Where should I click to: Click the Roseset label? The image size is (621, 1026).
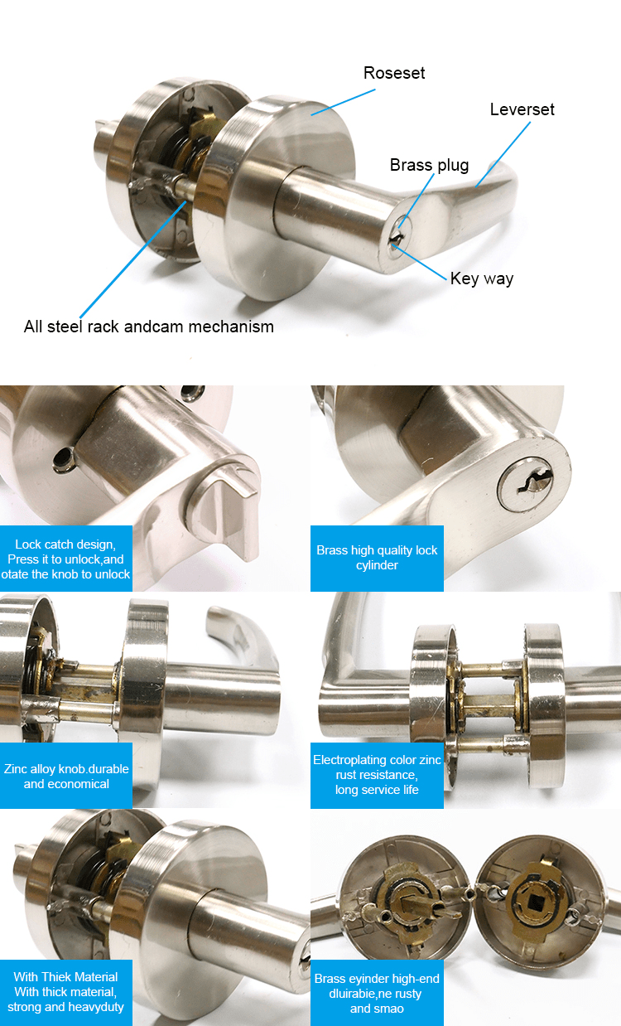(x=394, y=73)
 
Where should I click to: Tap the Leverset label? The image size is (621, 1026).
(x=522, y=109)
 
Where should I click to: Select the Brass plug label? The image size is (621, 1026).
(x=429, y=165)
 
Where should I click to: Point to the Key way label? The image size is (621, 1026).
(x=482, y=278)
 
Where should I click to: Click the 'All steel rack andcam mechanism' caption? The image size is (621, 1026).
(x=149, y=327)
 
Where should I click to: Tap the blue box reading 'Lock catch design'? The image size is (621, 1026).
(x=66, y=559)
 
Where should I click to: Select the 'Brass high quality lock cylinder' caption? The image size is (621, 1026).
(x=377, y=558)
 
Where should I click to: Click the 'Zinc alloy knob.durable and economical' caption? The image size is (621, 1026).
(x=66, y=776)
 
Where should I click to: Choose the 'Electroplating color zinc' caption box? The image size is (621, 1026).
(x=377, y=775)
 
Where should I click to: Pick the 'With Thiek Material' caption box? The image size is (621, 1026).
(x=66, y=992)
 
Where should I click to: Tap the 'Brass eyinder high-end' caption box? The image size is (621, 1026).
(x=377, y=993)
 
